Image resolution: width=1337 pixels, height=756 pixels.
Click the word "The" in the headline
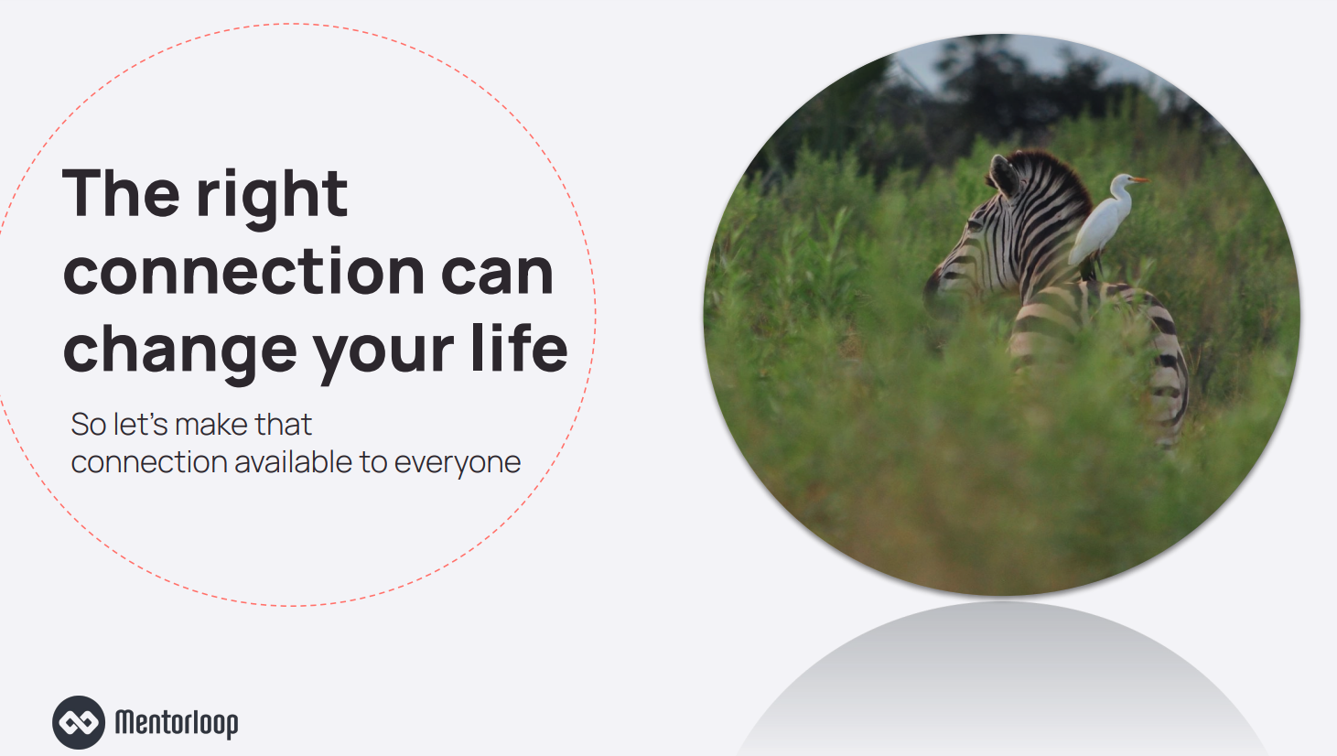[121, 192]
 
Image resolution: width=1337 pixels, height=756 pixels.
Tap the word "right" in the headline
[272, 199]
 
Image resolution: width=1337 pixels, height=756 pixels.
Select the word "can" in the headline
[497, 273]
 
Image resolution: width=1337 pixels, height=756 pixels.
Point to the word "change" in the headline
[179, 353]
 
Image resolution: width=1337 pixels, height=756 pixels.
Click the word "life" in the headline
[519, 347]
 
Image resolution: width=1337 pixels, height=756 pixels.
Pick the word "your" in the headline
[383, 357]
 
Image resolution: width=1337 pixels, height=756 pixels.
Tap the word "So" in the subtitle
[89, 426]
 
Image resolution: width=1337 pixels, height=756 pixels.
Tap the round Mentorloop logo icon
[79, 722]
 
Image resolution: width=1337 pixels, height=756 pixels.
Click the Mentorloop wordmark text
[177, 723]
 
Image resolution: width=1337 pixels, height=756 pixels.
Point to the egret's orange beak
[1140, 179]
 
